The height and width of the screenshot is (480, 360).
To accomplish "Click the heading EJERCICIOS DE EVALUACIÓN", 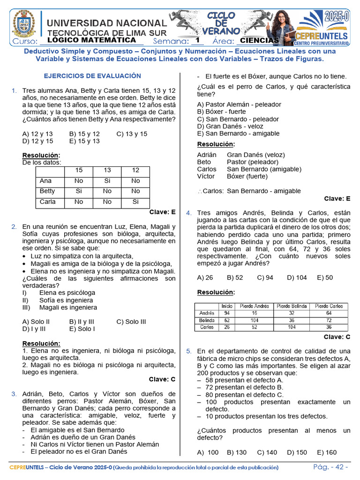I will (x=92, y=75).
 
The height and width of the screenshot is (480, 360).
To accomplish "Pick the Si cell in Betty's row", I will (x=79, y=191).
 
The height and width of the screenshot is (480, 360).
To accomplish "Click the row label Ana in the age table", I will (x=46, y=181).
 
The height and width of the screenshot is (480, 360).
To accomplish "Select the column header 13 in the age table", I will (x=107, y=171).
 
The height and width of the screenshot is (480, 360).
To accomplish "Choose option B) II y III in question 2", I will (x=82, y=322).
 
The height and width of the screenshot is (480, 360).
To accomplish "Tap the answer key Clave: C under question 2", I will (x=162, y=379).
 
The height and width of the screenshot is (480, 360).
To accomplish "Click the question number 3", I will (x=14, y=394).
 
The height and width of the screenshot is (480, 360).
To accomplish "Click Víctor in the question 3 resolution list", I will (x=206, y=176).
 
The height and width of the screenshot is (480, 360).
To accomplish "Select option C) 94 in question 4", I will (x=265, y=277).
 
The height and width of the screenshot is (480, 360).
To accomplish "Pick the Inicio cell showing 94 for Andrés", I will (x=227, y=313).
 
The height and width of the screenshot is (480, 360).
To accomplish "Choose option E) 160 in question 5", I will (x=327, y=452).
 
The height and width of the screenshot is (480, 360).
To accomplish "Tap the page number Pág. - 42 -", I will (x=330, y=467).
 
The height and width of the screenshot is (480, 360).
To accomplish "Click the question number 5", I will (x=188, y=351).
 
